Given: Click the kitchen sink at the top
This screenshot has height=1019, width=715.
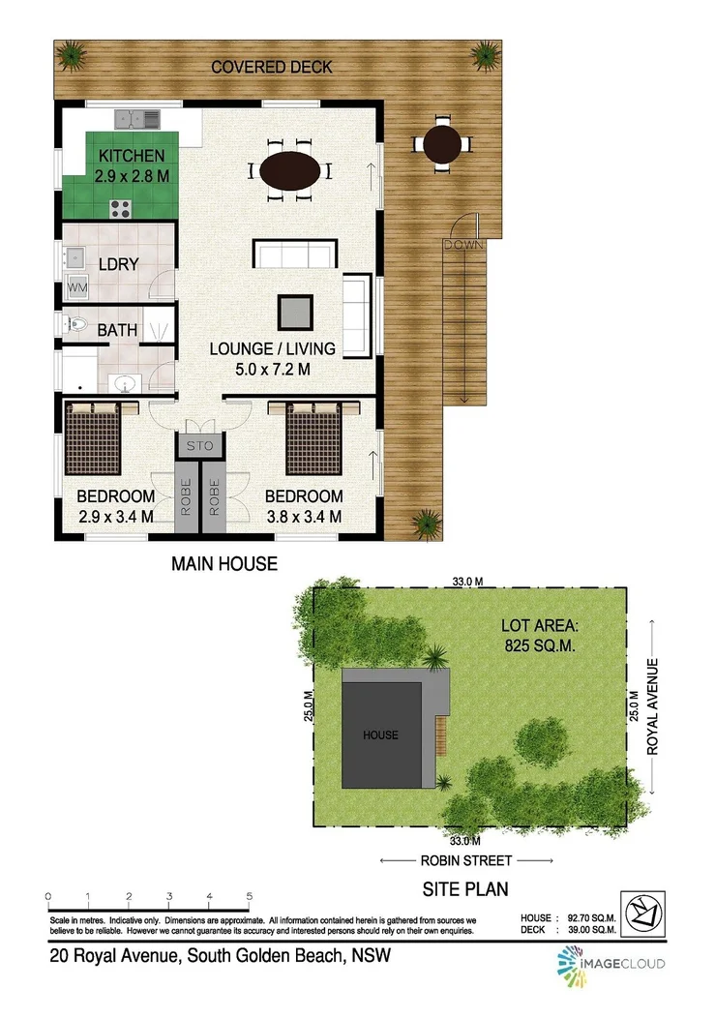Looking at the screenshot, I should pos(137,119).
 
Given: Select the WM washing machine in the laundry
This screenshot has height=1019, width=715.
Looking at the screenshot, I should pos(76,287).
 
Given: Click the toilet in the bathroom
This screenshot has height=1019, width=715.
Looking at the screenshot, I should pos(75,326).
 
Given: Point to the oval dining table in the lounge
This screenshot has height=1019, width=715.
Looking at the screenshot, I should pos(291,171).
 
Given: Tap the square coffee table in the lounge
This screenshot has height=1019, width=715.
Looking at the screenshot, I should pos(296,313).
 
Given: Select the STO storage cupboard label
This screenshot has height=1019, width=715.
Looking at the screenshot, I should pos(199,445).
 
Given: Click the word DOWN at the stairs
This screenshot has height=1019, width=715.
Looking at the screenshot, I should pos(463,245).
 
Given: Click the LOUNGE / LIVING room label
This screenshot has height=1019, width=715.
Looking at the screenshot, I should pos(273,348).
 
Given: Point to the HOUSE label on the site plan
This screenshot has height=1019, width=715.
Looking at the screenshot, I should pos(380,734).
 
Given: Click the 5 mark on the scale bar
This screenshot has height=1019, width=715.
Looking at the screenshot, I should pos(250,895).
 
